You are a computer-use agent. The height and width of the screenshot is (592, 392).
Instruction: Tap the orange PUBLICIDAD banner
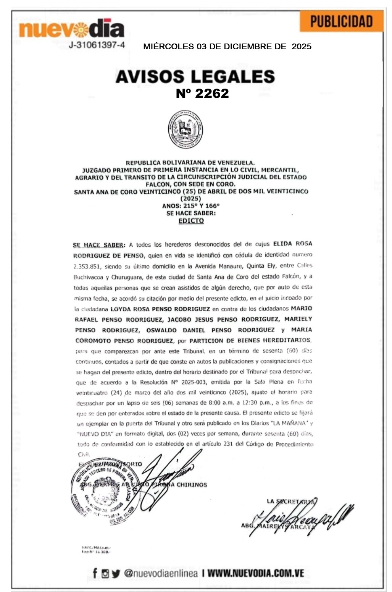(x=341, y=21)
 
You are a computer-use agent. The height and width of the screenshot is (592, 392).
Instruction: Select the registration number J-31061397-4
(x=97, y=45)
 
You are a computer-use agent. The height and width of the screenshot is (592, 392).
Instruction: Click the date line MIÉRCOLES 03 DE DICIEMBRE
(x=227, y=47)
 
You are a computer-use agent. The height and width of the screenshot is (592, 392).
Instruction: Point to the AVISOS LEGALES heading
(x=195, y=76)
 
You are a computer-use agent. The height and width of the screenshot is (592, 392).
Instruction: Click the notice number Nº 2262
(x=202, y=93)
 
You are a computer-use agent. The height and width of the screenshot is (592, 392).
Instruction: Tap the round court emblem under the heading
(x=186, y=130)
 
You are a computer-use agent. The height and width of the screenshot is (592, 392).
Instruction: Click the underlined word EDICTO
(x=191, y=221)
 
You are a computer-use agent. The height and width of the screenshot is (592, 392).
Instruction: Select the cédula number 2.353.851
(x=87, y=266)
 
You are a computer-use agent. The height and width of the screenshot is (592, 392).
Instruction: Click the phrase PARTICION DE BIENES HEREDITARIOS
(x=250, y=340)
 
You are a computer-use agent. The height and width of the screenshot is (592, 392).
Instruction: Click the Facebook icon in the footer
(x=95, y=573)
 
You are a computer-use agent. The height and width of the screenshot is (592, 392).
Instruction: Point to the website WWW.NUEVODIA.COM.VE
(x=256, y=573)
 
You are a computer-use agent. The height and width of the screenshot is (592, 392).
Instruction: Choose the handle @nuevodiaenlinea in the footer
(x=161, y=573)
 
